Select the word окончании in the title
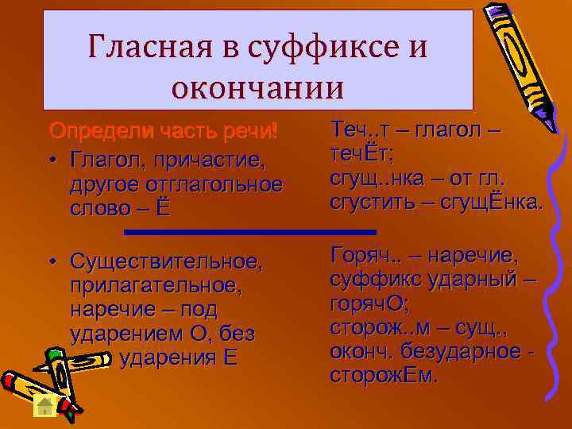click(x=257, y=86)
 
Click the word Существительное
click(x=176, y=261)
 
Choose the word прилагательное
click(x=156, y=284)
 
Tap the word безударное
click(x=468, y=351)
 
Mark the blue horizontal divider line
click(x=251, y=232)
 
